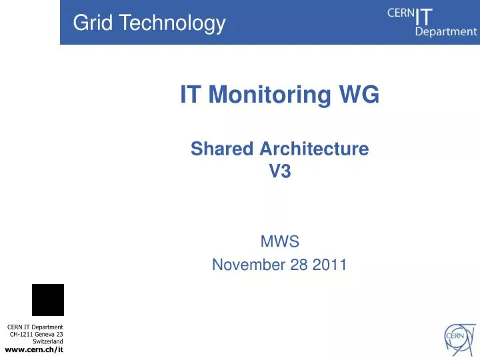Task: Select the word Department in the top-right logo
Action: [x=446, y=31]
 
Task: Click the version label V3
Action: [x=280, y=171]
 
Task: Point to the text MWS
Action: [x=279, y=241]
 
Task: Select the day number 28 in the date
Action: [x=296, y=265]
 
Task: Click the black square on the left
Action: [x=48, y=300]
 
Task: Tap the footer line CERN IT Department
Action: [x=35, y=327]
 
